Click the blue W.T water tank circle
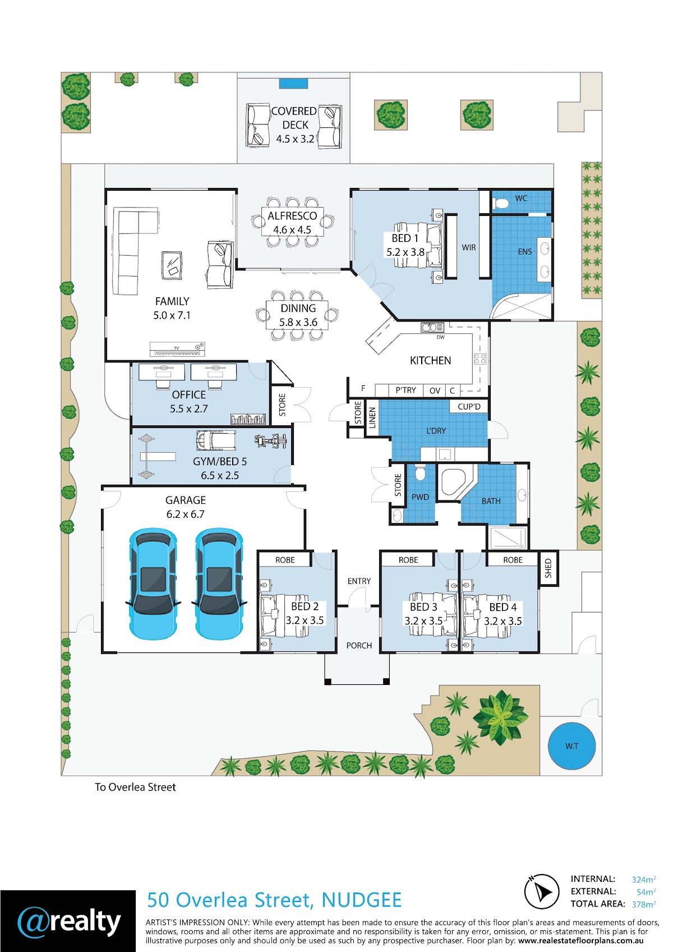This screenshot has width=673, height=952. tap(571, 746)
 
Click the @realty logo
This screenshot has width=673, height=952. tap(68, 921)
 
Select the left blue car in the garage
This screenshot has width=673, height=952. tap(153, 583)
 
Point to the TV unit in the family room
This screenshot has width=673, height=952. tap(177, 349)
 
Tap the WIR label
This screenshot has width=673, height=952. tap(469, 247)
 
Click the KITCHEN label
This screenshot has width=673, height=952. tap(430, 361)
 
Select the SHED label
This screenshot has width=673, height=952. tap(548, 568)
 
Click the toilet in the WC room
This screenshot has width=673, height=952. tap(501, 203)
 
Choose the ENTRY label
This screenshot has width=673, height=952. tap(359, 581)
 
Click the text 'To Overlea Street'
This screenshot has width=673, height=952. tap(135, 787)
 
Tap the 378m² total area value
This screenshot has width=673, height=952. tap(643, 904)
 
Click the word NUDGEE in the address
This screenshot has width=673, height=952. tap(361, 900)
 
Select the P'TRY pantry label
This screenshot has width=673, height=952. tap(405, 390)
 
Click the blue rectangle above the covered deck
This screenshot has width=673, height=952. tap(293, 84)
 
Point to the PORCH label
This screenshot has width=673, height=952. tap(359, 646)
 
